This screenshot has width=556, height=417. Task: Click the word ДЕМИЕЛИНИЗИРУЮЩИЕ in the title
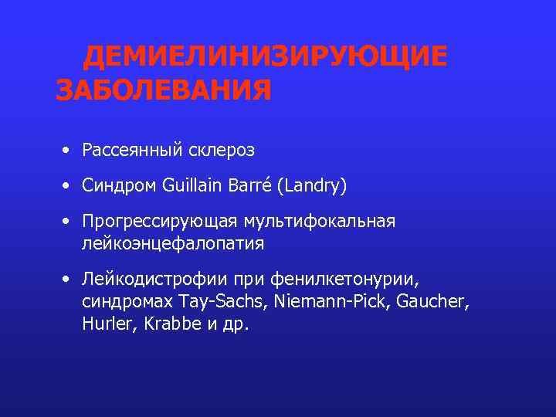click(265, 57)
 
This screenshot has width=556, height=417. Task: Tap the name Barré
click(248, 185)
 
